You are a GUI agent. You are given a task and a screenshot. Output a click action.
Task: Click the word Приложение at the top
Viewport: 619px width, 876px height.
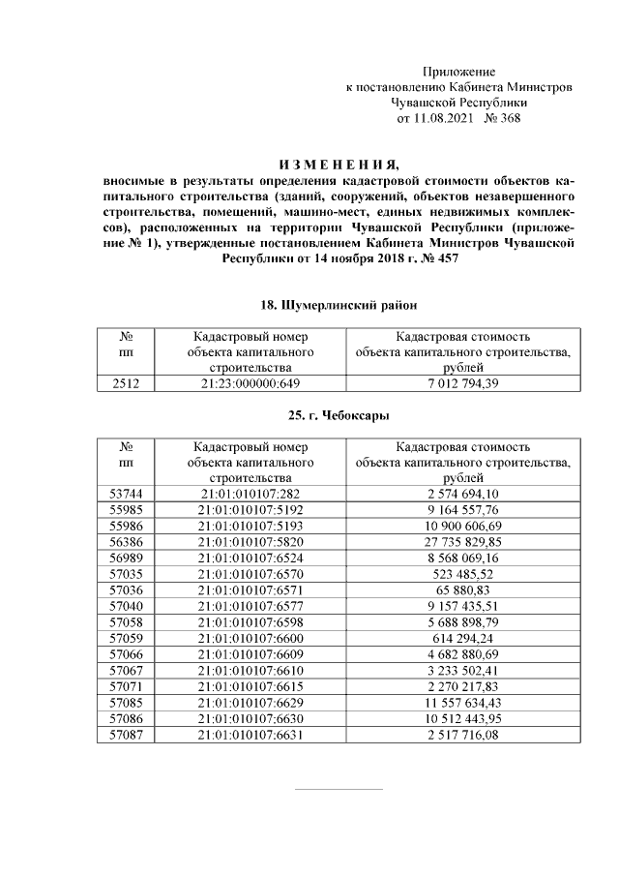[x=459, y=73]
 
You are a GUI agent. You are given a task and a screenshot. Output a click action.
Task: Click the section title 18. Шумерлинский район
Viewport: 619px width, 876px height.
[x=338, y=305]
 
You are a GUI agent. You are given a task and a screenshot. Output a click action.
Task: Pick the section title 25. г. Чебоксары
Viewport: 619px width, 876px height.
[x=338, y=415]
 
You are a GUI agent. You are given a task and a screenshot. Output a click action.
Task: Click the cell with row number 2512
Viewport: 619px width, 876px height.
[x=126, y=384]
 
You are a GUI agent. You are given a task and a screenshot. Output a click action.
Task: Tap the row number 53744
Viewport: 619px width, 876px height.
[x=126, y=494]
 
